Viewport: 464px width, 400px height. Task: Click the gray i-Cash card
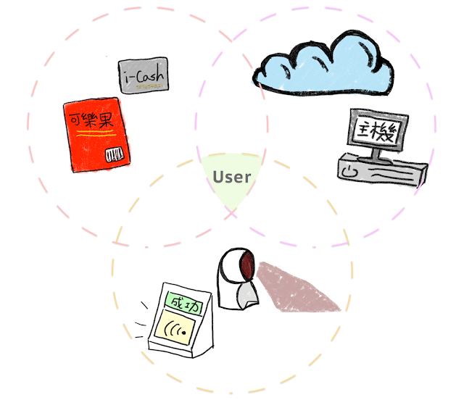click(x=143, y=75)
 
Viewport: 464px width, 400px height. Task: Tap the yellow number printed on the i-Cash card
click(x=150, y=86)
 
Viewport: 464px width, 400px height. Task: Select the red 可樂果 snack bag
click(x=96, y=135)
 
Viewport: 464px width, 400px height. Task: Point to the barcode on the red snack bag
click(x=115, y=154)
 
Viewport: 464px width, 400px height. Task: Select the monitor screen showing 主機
click(x=377, y=132)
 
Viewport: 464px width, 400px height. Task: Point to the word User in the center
click(x=231, y=176)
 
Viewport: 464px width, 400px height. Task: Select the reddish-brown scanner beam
click(x=297, y=286)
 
